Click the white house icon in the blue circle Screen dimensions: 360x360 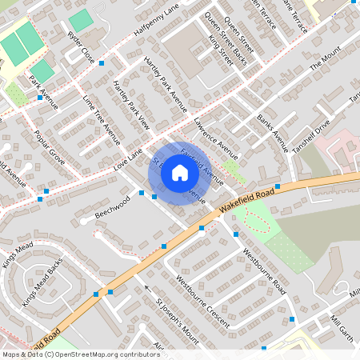click(x=180, y=173)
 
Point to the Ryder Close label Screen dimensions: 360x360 click(x=82, y=49)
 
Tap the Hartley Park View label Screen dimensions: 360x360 click(x=131, y=103)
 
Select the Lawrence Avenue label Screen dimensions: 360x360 click(x=216, y=139)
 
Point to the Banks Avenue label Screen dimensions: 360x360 click(x=272, y=132)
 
